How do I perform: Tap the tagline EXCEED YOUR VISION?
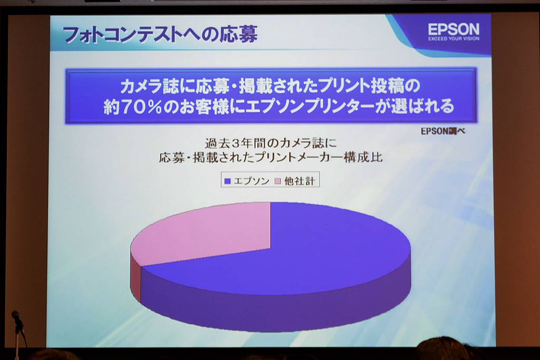tap(454, 38)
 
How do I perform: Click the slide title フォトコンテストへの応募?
tap(160, 34)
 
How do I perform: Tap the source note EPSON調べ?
tap(443, 131)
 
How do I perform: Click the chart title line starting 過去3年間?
tap(271, 143)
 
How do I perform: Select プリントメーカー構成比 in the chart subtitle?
tap(319, 158)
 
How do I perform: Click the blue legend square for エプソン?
tap(227, 181)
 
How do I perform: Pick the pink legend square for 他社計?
tap(277, 181)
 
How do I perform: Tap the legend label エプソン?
tap(251, 181)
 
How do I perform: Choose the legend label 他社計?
tap(300, 181)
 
